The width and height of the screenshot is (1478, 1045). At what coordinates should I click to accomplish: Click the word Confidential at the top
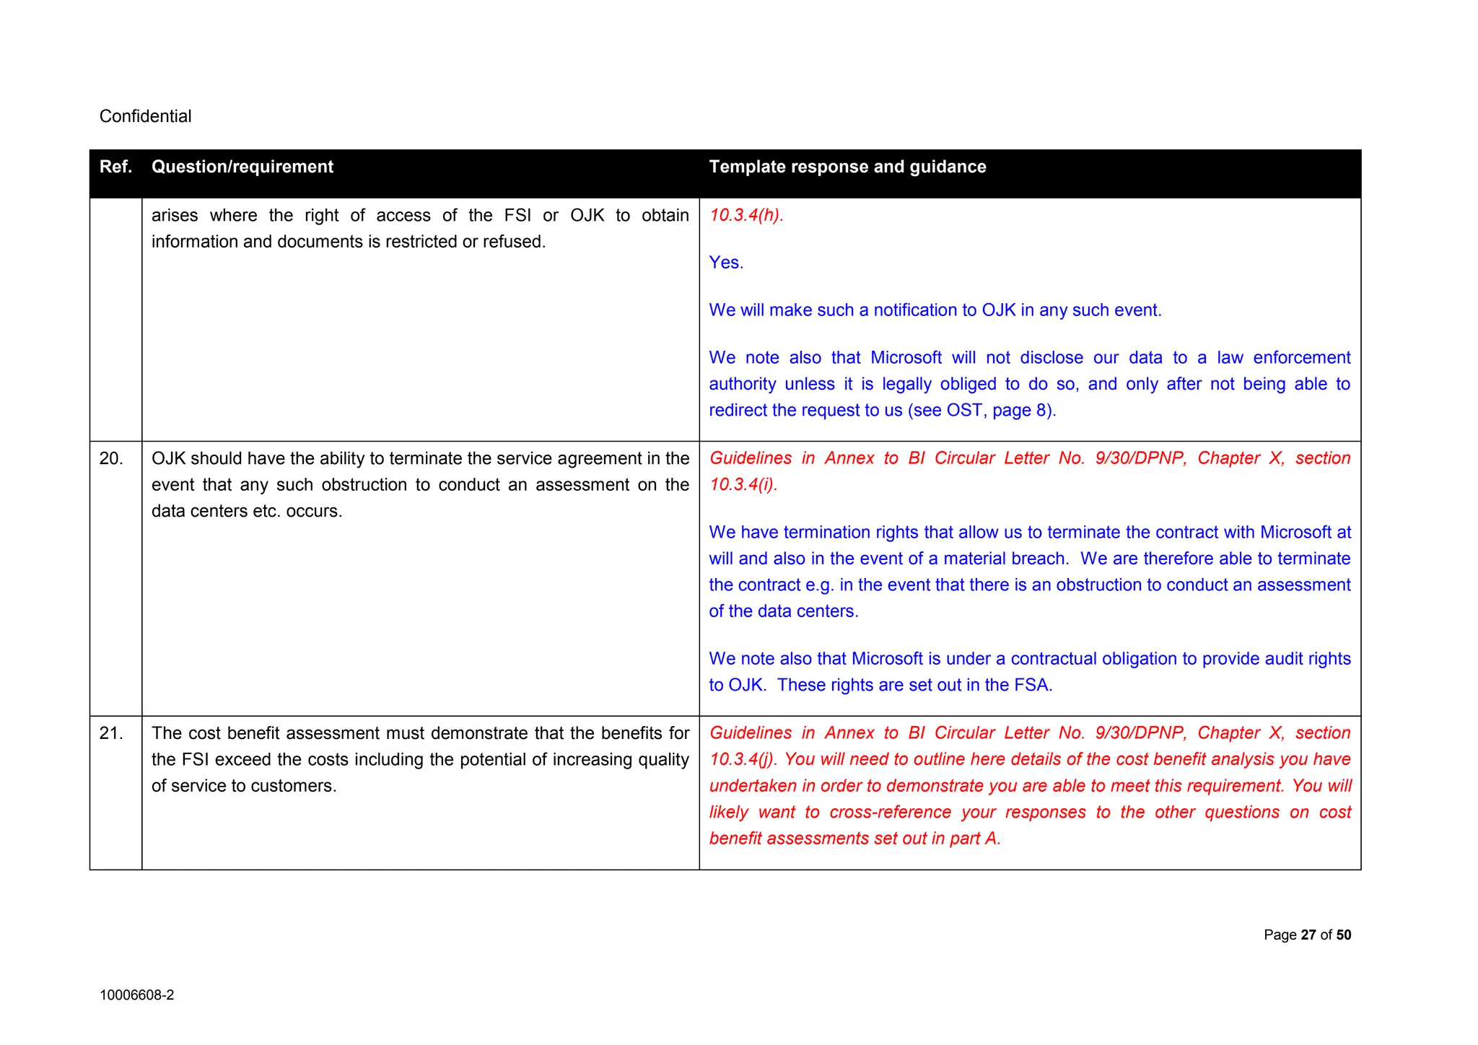tap(145, 116)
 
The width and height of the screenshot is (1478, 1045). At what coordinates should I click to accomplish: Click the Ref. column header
tap(115, 167)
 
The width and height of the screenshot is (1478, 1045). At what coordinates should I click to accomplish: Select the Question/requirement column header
tap(242, 167)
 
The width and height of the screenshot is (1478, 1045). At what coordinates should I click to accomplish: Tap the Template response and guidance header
tap(847, 167)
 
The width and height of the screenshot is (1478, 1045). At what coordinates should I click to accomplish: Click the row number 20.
tap(111, 458)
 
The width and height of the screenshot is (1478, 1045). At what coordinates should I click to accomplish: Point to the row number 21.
tap(111, 733)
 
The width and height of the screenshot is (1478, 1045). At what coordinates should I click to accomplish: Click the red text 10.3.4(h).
tap(745, 215)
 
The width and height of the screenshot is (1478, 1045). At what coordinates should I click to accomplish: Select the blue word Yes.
tap(725, 263)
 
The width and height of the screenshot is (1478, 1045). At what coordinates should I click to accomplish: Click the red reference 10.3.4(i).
tap(743, 484)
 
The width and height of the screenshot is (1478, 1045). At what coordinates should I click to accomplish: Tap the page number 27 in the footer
tap(1308, 935)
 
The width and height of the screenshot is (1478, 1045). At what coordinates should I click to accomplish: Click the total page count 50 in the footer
tap(1343, 935)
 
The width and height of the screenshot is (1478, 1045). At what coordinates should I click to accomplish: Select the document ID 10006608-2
tap(136, 995)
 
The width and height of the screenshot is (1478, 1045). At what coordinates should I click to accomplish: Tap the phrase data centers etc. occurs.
tap(247, 511)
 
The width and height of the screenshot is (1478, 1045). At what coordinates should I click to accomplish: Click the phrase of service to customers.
tap(244, 786)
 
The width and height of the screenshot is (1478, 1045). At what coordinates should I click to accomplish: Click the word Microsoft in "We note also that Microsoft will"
tap(906, 358)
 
